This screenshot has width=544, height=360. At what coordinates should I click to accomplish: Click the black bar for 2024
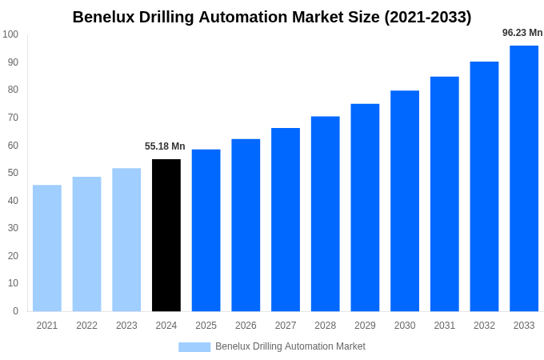(166, 235)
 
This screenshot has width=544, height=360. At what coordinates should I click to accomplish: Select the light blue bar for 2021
(47, 248)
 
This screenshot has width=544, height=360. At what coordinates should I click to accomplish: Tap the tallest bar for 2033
(524, 178)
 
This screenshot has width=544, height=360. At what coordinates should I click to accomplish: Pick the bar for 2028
(326, 214)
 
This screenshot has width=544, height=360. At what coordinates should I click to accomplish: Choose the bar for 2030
(405, 201)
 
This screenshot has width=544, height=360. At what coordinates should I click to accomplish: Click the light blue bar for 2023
(126, 239)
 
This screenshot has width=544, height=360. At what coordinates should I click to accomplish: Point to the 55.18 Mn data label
(165, 146)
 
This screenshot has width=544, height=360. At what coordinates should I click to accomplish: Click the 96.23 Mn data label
(522, 33)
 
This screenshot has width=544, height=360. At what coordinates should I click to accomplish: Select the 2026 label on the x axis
(246, 326)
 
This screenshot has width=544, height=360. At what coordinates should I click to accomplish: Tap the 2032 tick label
(484, 326)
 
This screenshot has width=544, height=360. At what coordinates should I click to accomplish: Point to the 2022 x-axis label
(86, 326)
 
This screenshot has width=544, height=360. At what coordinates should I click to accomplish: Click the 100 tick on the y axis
(10, 34)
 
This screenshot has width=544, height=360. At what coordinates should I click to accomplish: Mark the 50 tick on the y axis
(13, 173)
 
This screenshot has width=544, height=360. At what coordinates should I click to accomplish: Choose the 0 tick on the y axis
(15, 311)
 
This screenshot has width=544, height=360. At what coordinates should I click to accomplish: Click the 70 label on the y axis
(13, 118)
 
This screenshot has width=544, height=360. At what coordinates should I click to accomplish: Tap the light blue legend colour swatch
(194, 347)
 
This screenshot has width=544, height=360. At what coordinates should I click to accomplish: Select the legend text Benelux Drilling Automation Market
(290, 346)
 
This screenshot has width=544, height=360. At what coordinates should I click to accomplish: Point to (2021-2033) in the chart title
(428, 17)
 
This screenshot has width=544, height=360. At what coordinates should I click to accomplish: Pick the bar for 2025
(206, 230)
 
